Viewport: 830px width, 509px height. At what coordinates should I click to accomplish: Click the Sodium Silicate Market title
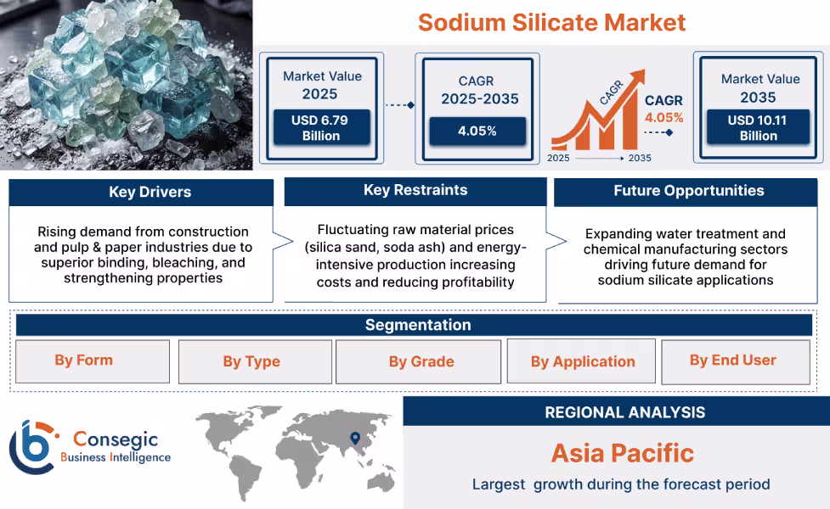coord(551,22)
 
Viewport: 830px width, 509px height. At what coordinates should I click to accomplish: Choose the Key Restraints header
coord(415,190)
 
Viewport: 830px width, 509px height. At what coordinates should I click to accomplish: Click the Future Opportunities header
coord(688,191)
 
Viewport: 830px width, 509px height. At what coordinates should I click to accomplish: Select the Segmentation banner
coord(417,325)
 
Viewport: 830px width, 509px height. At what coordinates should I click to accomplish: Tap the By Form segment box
coord(84,361)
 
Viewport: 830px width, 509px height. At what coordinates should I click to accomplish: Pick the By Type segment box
coord(251,361)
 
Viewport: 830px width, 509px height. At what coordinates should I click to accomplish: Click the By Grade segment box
coord(421,361)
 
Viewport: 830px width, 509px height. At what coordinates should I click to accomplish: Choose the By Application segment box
coord(583,361)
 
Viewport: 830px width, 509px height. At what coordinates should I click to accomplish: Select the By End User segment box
coord(733,361)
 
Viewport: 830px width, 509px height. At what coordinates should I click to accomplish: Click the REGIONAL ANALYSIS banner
coord(624,412)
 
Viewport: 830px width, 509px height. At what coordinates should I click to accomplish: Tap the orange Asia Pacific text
coord(623,453)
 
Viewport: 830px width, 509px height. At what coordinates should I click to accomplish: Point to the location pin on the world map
coord(354,438)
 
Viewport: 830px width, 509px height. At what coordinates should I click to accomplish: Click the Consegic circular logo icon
coord(31,447)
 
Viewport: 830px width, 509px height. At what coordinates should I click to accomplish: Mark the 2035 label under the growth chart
coord(639,158)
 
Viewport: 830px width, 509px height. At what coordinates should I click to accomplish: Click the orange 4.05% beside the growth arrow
coord(663,118)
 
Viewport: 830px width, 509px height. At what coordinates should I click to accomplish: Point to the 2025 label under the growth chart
coord(559,158)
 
